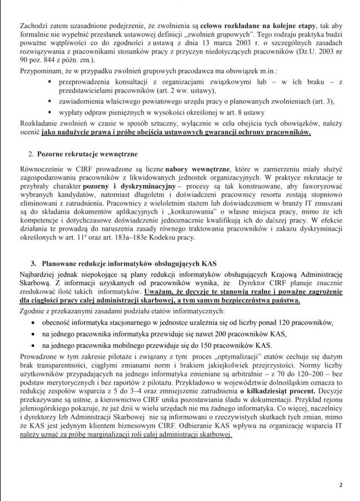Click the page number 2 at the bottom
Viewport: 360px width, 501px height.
(340, 484)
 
